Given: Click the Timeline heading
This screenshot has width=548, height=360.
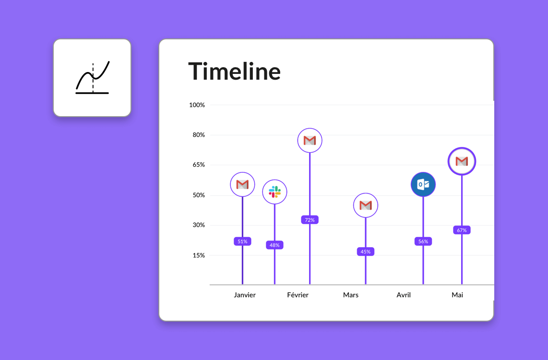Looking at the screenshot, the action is (x=234, y=72).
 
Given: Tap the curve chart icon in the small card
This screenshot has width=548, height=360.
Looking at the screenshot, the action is (x=93, y=78).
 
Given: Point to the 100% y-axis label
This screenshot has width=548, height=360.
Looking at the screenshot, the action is (x=197, y=105).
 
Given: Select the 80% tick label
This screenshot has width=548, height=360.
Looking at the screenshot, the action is (x=199, y=135).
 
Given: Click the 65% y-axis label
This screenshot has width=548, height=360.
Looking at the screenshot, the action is (x=199, y=165).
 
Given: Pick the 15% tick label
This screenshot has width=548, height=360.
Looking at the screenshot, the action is (x=199, y=255).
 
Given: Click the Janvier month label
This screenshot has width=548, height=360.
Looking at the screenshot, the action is (x=245, y=295).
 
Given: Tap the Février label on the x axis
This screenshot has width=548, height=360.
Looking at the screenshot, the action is (x=298, y=295).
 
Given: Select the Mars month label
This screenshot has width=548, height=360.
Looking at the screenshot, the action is (x=351, y=295).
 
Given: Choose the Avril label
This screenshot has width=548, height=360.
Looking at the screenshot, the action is (x=404, y=295).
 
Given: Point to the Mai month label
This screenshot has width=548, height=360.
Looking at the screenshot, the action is (x=457, y=295).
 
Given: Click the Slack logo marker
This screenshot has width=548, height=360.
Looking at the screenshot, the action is (x=274, y=192).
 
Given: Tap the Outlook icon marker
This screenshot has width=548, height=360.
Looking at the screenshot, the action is (x=423, y=184).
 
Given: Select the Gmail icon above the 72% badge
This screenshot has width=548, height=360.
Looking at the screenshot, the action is (x=310, y=141).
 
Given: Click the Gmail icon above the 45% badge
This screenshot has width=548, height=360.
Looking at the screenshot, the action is (x=366, y=205).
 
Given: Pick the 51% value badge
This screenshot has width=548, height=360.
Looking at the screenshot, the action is (x=242, y=241).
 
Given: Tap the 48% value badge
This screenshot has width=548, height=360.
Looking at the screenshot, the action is (x=274, y=245).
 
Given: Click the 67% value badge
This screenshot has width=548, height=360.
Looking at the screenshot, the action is (x=462, y=230).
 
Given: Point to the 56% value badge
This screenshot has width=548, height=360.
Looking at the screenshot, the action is (x=423, y=241).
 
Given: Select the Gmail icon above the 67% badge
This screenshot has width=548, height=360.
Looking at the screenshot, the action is (x=462, y=161).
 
